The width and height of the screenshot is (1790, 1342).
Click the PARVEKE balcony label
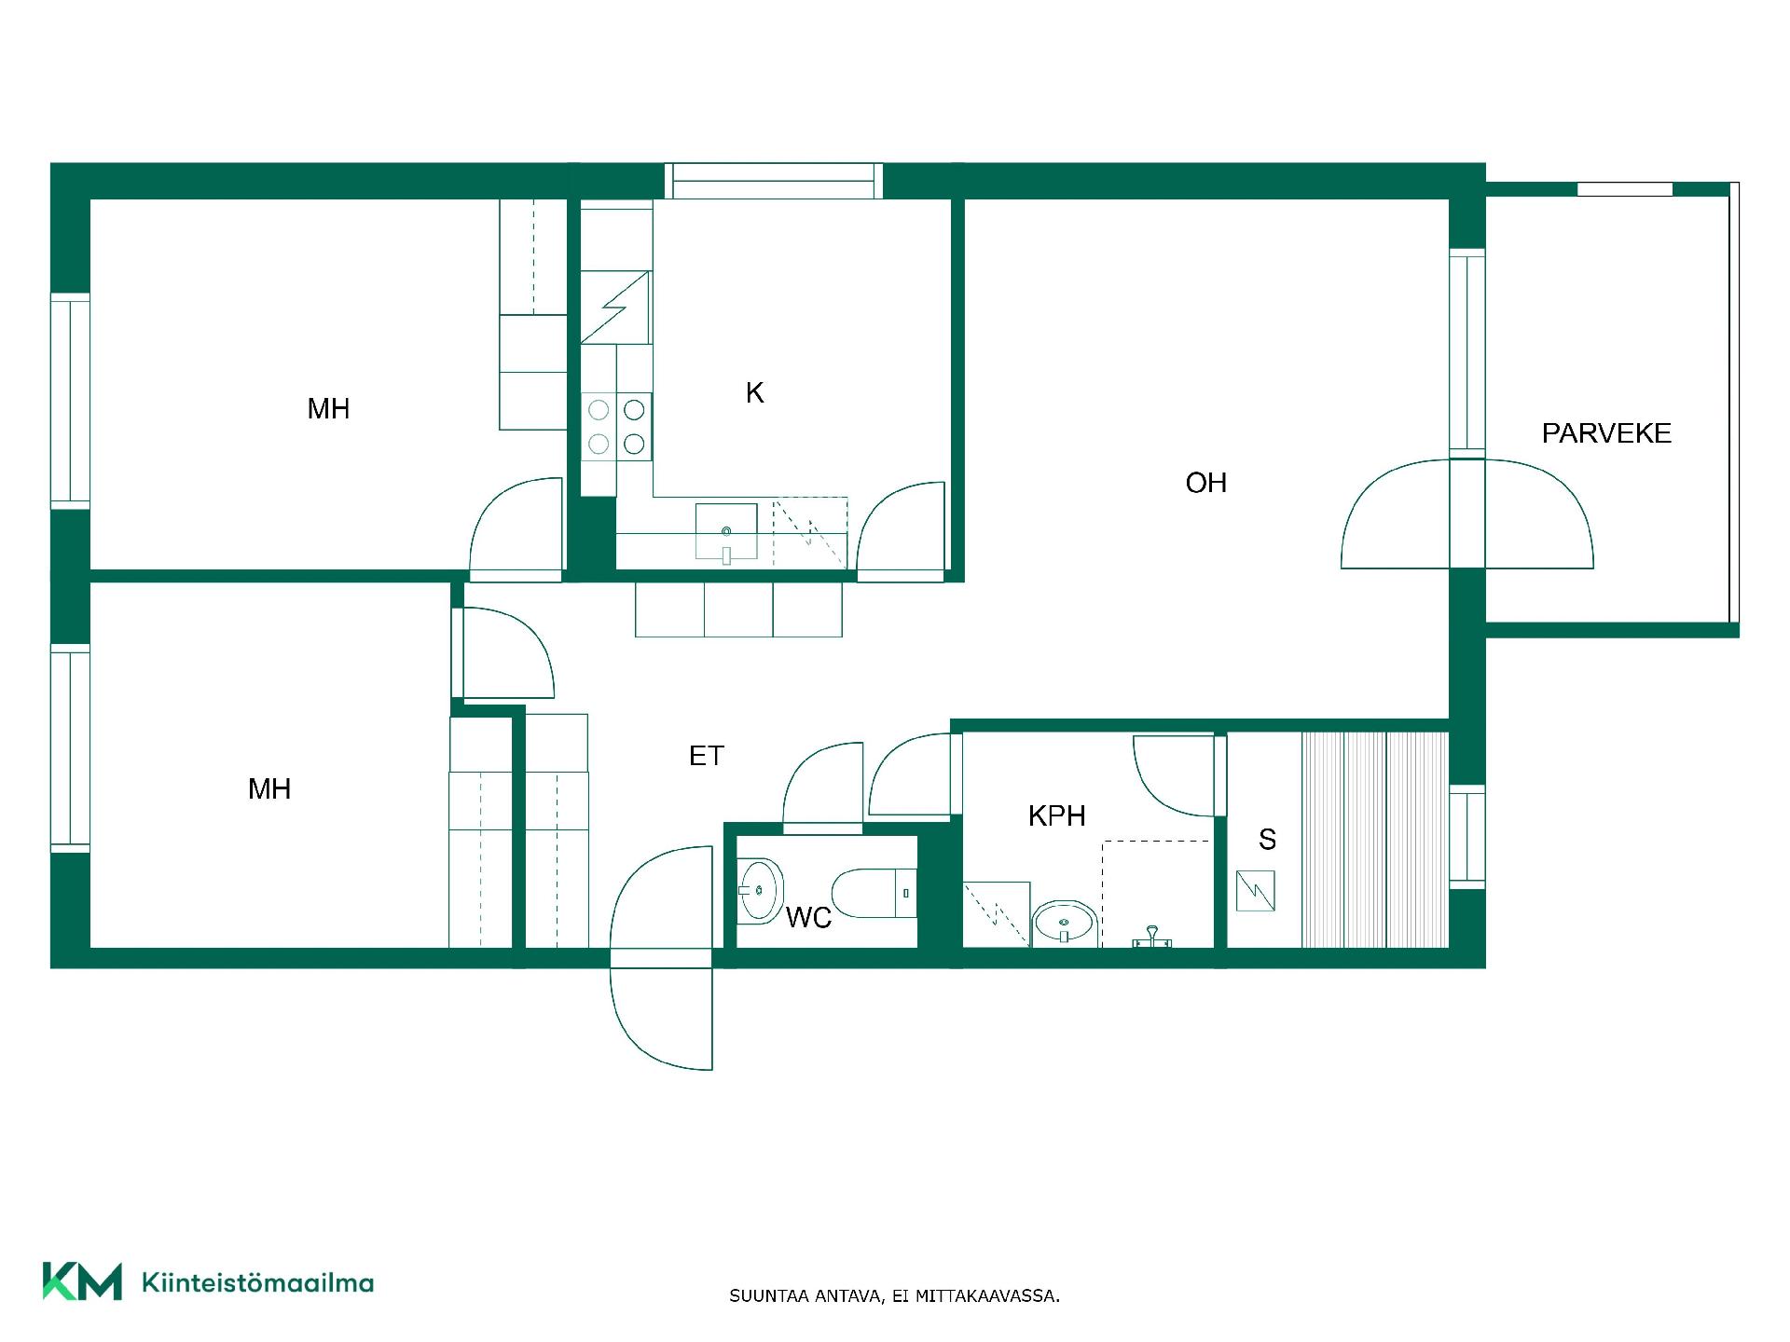coord(1606,433)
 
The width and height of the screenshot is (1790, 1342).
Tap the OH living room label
coord(1205,483)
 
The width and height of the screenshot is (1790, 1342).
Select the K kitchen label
coord(754,393)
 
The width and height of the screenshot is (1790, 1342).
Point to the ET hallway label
coord(706,756)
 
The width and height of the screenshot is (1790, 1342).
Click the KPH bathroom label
coord(1056,816)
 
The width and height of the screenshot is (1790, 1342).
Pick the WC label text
coord(808,918)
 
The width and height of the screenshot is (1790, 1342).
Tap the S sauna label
coord(1267,840)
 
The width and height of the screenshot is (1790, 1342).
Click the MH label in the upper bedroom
coord(328,408)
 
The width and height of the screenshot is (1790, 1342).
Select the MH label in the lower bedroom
coord(268,789)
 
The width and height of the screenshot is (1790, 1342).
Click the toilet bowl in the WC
coord(873,893)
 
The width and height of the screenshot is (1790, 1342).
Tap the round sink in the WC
coord(760,890)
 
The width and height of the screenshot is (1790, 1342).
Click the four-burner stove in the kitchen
coord(616,426)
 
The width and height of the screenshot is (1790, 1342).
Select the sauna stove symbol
coord(1255,891)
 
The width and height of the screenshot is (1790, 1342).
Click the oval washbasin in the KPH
coord(1063,923)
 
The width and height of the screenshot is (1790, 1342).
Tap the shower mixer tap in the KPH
coord(1152,937)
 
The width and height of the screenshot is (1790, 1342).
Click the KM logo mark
coord(82,1281)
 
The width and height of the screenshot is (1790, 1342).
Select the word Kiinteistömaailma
coord(257,1282)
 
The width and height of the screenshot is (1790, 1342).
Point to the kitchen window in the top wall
coord(773,181)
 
